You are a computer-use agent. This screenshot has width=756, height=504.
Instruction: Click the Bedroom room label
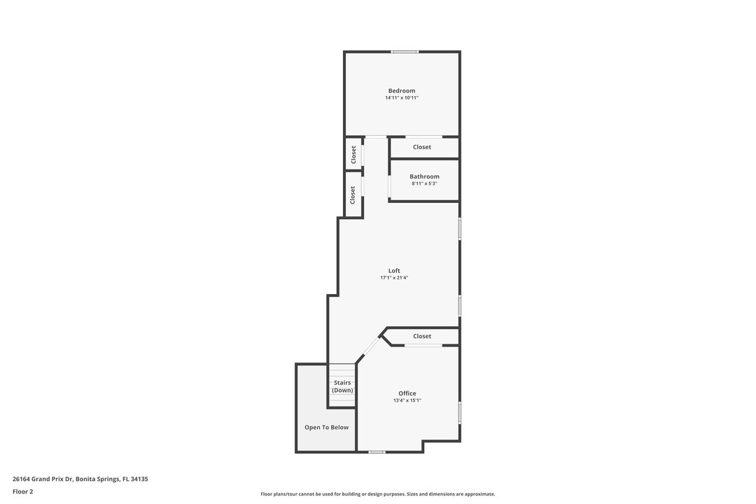click(x=402, y=91)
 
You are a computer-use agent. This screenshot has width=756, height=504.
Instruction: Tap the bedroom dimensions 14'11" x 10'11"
click(x=402, y=98)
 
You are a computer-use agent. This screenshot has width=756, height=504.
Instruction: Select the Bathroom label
click(x=424, y=176)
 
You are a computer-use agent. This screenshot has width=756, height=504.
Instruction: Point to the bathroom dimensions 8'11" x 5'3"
click(x=424, y=184)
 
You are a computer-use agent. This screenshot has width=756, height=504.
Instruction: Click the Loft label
click(x=394, y=271)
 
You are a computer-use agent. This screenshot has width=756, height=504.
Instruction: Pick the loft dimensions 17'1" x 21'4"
click(x=394, y=278)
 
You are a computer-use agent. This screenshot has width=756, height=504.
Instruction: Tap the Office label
click(x=407, y=393)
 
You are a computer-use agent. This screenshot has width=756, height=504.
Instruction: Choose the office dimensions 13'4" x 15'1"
click(x=407, y=400)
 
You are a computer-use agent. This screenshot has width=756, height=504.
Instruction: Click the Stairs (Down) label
click(x=342, y=386)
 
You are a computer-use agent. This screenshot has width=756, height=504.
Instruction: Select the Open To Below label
click(x=326, y=427)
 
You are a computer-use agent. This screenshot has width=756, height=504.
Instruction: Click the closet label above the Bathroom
click(x=422, y=147)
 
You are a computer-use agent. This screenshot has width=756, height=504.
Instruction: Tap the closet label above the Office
click(x=422, y=336)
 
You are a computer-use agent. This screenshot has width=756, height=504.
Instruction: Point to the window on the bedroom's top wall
click(x=405, y=52)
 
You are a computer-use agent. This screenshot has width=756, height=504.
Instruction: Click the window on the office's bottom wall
click(x=377, y=452)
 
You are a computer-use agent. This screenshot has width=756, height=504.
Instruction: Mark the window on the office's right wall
click(x=459, y=413)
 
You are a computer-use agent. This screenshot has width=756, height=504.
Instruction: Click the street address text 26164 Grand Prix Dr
click(x=43, y=479)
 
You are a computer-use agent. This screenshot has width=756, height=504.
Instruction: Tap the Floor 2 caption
click(x=22, y=491)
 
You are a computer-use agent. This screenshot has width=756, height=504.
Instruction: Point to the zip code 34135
click(x=139, y=479)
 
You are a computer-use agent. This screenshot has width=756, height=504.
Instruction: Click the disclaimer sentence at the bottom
click(x=378, y=494)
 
